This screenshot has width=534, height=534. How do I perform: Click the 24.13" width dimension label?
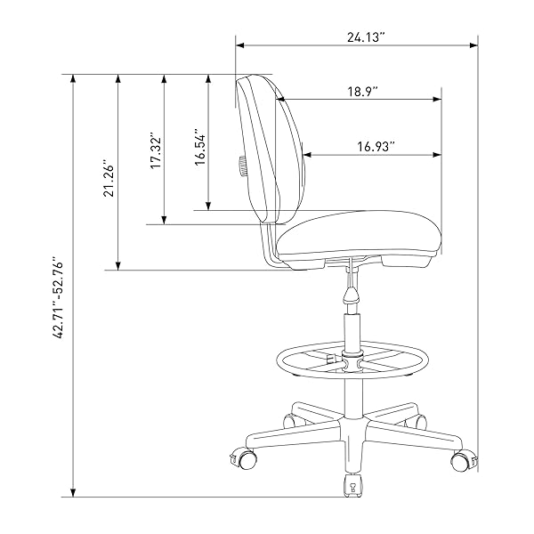pyautogui.click(x=366, y=37)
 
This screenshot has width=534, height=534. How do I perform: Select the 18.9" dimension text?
pyautogui.click(x=362, y=92)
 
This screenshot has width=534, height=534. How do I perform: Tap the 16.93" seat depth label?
pyautogui.click(x=376, y=147)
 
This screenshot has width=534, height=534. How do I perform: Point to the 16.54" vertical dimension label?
pyautogui.click(x=200, y=147)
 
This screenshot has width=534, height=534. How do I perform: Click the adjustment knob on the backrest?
pyautogui.click(x=242, y=166)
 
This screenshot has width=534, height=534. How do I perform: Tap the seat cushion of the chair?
pyautogui.click(x=360, y=234)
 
